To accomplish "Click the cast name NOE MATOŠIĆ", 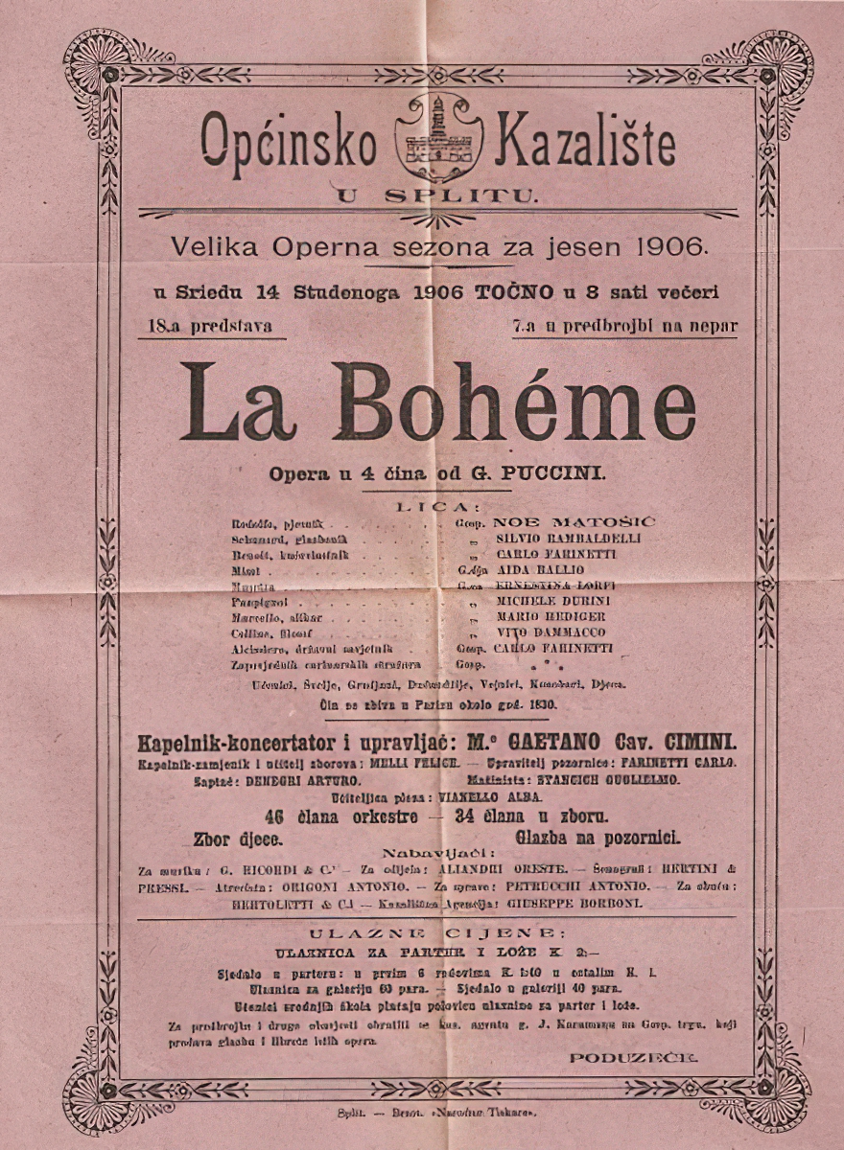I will (x=574, y=522).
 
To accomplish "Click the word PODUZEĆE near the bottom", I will (x=633, y=1057).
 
